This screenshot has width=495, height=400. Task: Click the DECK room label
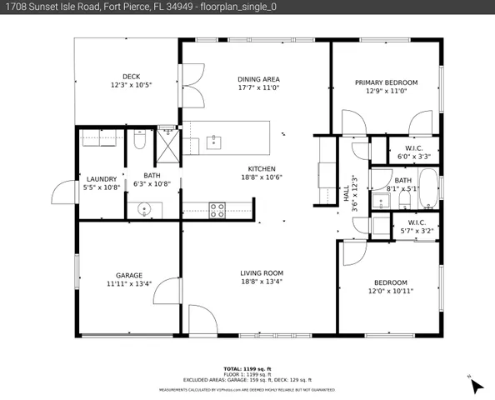131,76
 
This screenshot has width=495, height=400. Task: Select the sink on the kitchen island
214,141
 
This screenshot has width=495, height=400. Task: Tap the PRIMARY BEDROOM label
386,82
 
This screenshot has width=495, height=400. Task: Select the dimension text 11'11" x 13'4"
129,283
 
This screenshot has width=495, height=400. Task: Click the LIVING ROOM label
262,272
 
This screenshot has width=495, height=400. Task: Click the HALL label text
347,192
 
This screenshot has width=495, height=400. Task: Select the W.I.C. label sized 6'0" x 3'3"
413,151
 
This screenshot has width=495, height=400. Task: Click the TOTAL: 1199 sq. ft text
247,368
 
